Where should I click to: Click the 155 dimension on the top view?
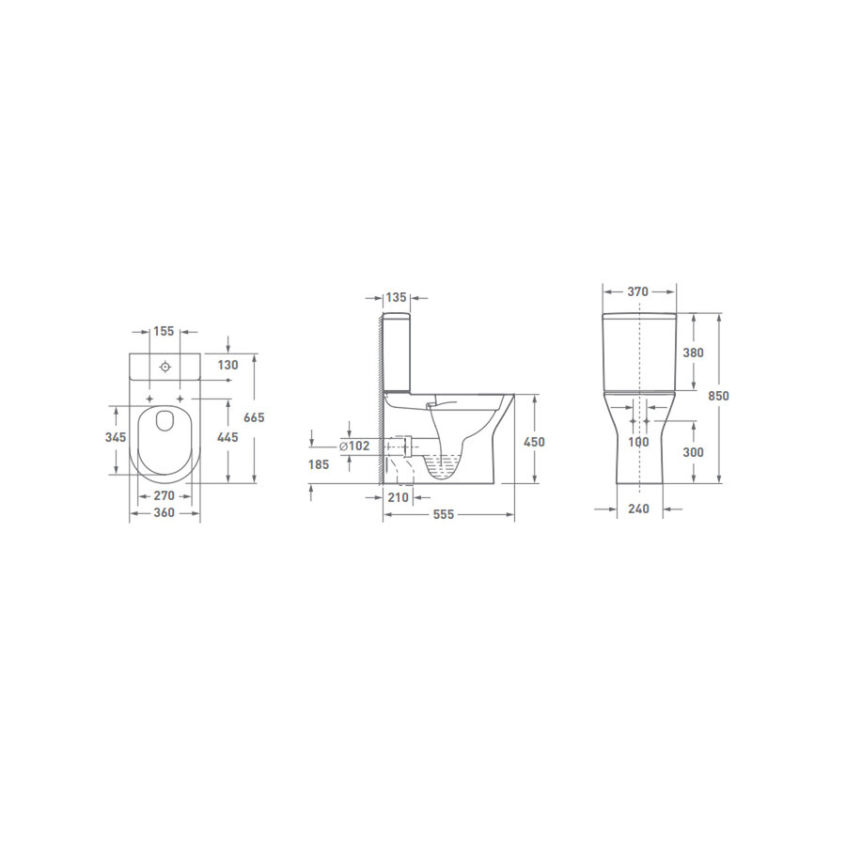164,331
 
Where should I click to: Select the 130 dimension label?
228,365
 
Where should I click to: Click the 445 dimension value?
228,438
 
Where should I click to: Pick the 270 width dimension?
164,494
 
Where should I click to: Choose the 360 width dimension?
164,514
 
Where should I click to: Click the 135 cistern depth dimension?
397,297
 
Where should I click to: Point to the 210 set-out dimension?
399,497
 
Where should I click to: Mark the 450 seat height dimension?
534,442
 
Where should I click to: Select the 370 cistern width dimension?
637,291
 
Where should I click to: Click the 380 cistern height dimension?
694,352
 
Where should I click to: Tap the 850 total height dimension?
718,396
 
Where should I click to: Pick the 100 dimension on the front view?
638,442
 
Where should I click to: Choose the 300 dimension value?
694,452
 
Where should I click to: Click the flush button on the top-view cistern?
164,366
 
